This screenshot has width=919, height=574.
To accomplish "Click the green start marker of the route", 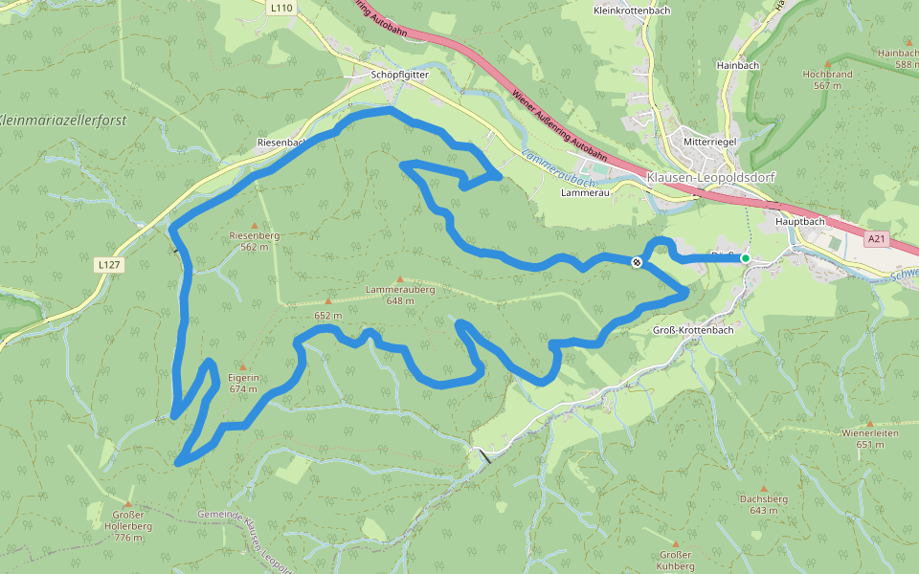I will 745,257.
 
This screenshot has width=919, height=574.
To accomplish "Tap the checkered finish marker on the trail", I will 637,262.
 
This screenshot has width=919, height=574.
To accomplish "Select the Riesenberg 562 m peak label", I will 254,240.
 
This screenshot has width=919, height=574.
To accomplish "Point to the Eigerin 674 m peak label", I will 243,383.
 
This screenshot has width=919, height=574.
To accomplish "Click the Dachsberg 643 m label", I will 763,504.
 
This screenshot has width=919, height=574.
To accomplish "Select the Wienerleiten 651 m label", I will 869,438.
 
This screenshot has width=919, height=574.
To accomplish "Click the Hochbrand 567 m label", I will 826,79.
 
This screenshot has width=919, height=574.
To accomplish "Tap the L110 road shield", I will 280,8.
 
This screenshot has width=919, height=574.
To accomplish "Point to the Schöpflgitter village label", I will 399,74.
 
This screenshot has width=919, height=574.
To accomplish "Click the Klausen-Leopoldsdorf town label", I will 710,178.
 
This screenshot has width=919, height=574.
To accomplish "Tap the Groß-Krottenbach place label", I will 692,330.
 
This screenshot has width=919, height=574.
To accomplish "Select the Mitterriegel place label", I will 709,142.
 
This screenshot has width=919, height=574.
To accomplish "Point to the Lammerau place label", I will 585,192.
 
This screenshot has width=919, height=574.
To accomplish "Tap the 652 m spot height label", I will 327,315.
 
